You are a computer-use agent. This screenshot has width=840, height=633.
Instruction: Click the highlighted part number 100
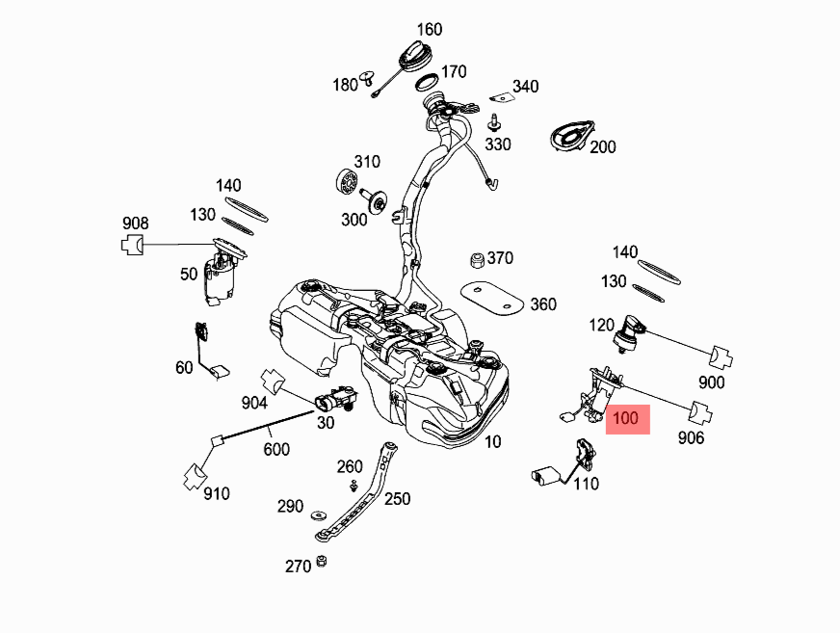pyautogui.click(x=627, y=419)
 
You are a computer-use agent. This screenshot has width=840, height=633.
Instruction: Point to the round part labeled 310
pyautogui.click(x=345, y=180)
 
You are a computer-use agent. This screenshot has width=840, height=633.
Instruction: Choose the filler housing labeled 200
pyautogui.click(x=573, y=135)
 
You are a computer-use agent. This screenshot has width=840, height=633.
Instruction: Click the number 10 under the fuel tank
pyautogui.click(x=493, y=442)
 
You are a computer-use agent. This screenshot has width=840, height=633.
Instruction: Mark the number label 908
pyautogui.click(x=135, y=224)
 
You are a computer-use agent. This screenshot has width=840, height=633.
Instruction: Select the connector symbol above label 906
pyautogui.click(x=701, y=412)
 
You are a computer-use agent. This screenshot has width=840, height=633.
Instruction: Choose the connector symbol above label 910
pyautogui.click(x=195, y=474)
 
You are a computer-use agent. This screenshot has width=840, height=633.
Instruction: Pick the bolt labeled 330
pyautogui.click(x=494, y=121)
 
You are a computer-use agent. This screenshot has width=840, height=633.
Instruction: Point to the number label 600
pyautogui.click(x=276, y=449)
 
